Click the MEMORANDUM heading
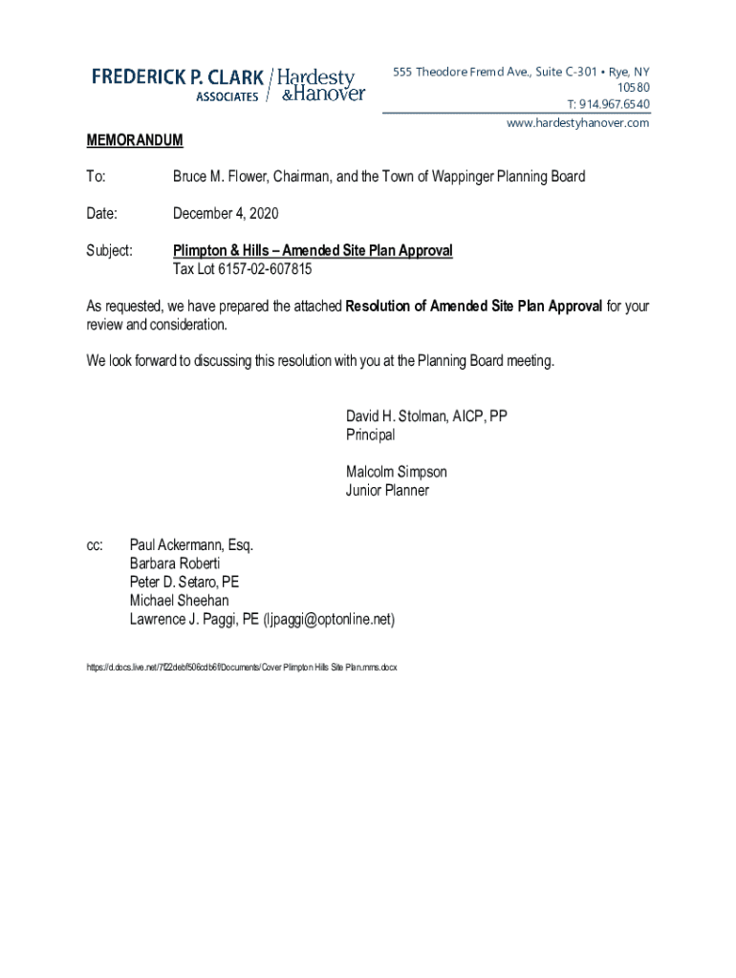(135, 141)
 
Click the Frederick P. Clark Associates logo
(178, 83)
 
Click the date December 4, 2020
(226, 213)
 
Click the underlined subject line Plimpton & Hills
(313, 250)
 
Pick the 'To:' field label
(96, 177)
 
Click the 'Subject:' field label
(110, 250)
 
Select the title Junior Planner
(387, 490)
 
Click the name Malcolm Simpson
(396, 472)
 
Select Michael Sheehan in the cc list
(179, 601)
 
